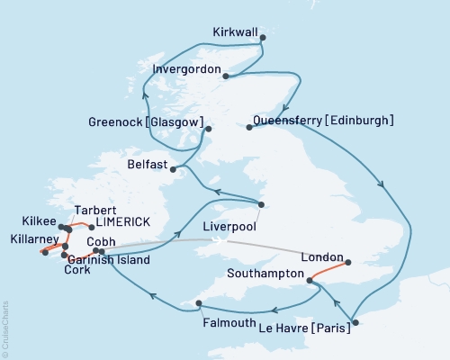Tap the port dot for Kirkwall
point(263,38)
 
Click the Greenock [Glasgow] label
point(146,121)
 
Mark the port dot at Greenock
point(209,129)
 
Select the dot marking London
point(351,264)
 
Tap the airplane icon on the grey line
point(219,240)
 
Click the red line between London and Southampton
point(331,270)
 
